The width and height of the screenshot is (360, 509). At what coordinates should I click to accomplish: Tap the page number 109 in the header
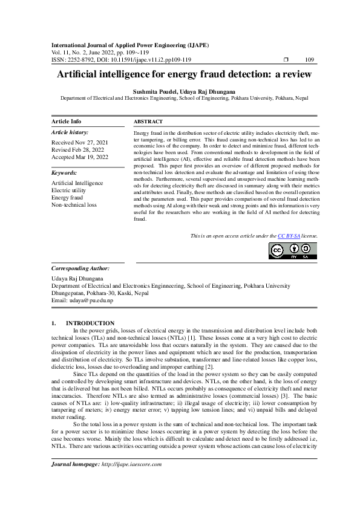click(309, 60)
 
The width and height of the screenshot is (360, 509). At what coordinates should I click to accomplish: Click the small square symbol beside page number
click(286, 60)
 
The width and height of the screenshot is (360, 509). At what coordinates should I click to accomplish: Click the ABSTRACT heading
click(148, 122)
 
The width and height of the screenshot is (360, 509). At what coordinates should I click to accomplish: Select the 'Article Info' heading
click(67, 122)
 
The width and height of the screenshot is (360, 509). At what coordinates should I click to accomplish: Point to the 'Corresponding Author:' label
click(80, 268)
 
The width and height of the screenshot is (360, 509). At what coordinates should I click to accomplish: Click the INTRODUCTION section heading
click(90, 323)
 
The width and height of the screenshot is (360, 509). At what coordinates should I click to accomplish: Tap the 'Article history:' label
click(70, 132)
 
